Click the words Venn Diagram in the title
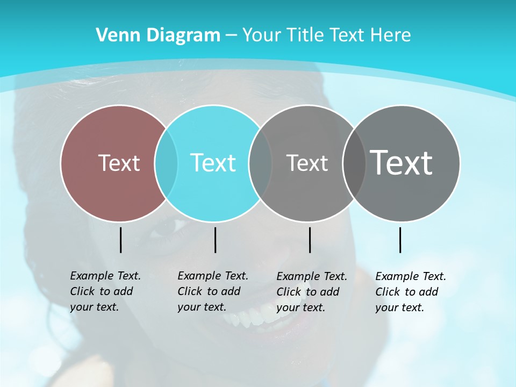[x=158, y=35]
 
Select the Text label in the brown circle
[x=119, y=163]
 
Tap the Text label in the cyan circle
[x=213, y=163]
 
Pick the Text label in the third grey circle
[x=307, y=163]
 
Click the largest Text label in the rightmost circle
[x=402, y=163]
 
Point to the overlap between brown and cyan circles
[x=166, y=163]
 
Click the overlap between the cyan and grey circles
[x=260, y=163]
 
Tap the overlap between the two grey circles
[x=354, y=163]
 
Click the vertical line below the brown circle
[x=120, y=240]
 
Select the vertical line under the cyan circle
[x=215, y=240]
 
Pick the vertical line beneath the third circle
[x=310, y=240]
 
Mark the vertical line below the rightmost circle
[x=400, y=240]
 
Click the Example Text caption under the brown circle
[x=105, y=291]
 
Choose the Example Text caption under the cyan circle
[x=212, y=291]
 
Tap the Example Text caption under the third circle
[x=311, y=292]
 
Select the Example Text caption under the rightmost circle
[x=410, y=292]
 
